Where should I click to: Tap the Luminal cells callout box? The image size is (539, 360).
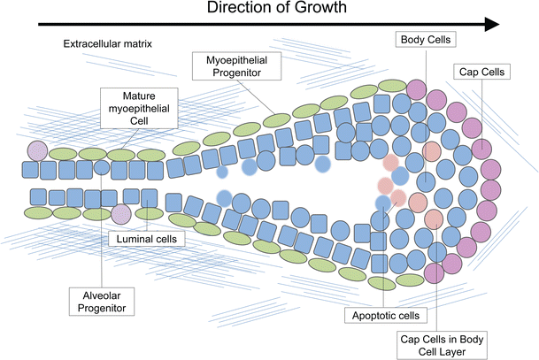pyautogui.click(x=146, y=238)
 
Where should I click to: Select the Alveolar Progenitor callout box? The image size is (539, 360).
pyautogui.click(x=102, y=300)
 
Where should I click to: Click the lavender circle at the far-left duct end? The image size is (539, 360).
pyautogui.click(x=37, y=151)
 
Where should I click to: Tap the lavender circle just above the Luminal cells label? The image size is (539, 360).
pyautogui.click(x=121, y=213)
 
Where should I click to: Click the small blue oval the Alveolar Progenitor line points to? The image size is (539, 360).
pyautogui.click(x=102, y=165)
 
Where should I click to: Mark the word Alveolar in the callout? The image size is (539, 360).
pyautogui.click(x=102, y=293)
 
